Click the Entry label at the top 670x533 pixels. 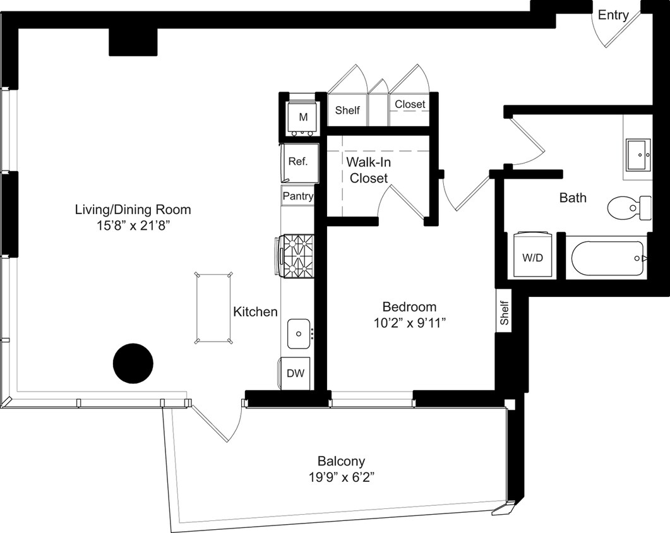click(613, 15)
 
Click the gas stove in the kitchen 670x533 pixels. click(296, 255)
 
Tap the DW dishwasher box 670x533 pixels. click(295, 373)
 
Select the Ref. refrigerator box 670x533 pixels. click(297, 162)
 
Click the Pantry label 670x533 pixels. click(297, 196)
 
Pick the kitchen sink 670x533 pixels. click(299, 333)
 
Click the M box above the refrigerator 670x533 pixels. click(303, 117)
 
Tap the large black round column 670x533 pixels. click(133, 363)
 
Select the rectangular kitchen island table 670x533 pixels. click(213, 308)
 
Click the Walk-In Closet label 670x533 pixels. click(369, 170)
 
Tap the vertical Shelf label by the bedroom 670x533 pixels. click(505, 313)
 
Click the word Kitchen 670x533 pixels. click(255, 311)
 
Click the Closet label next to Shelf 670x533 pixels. click(410, 104)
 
